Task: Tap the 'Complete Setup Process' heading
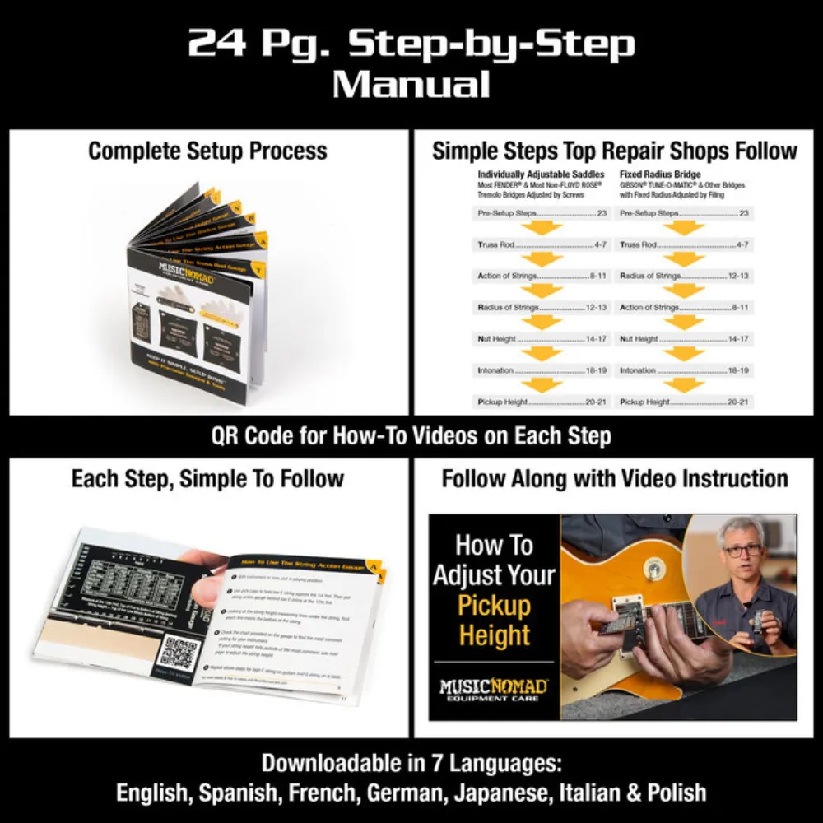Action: pyautogui.click(x=207, y=151)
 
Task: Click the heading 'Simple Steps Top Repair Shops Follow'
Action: pyautogui.click(x=615, y=151)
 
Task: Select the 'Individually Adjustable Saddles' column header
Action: pyautogui.click(x=541, y=174)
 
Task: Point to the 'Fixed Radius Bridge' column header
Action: pyautogui.click(x=660, y=174)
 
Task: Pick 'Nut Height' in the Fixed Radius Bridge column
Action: pyautogui.click(x=639, y=338)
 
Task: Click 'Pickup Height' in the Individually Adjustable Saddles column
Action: pyautogui.click(x=503, y=402)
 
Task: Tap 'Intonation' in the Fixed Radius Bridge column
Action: pyautogui.click(x=637, y=370)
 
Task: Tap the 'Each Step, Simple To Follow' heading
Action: pyautogui.click(x=207, y=479)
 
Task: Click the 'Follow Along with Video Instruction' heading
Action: pyautogui.click(x=615, y=479)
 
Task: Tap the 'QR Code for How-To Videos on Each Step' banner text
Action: pyautogui.click(x=411, y=435)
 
